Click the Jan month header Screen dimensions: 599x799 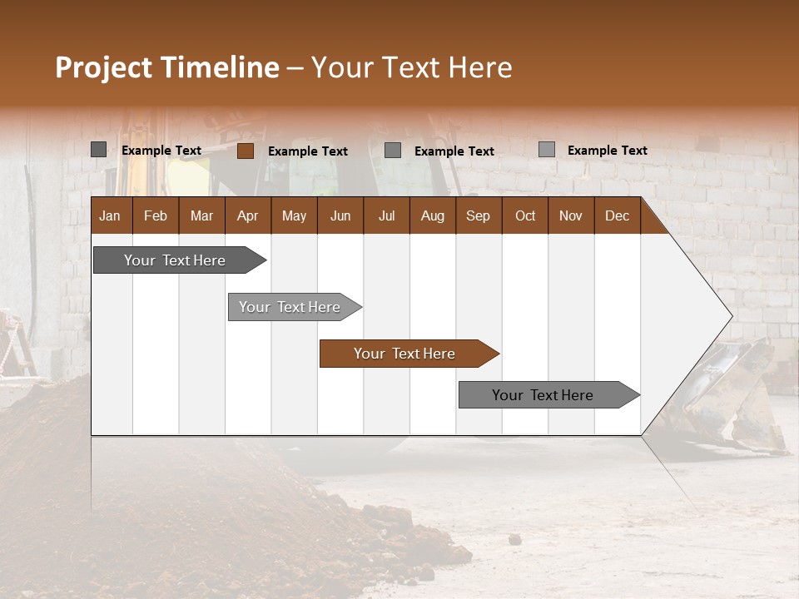pyautogui.click(x=110, y=215)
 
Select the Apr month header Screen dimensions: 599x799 pyautogui.click(x=247, y=215)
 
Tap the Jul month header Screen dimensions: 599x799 pyautogui.click(x=386, y=215)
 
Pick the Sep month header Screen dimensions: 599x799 pyautogui.click(x=478, y=215)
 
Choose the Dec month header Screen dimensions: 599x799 pyautogui.click(x=617, y=215)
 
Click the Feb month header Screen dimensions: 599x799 pyautogui.click(x=156, y=215)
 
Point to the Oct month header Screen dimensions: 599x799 pyautogui.click(x=525, y=215)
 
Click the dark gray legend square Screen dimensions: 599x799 pyautogui.click(x=98, y=150)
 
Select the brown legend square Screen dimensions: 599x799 pyautogui.click(x=245, y=151)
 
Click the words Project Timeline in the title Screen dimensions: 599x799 pyautogui.click(x=167, y=67)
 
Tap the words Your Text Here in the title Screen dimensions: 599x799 pyautogui.click(x=412, y=67)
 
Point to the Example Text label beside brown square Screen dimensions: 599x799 pyautogui.click(x=308, y=151)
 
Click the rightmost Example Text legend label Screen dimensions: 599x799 pyautogui.click(x=608, y=151)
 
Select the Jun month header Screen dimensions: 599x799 pyautogui.click(x=340, y=215)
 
